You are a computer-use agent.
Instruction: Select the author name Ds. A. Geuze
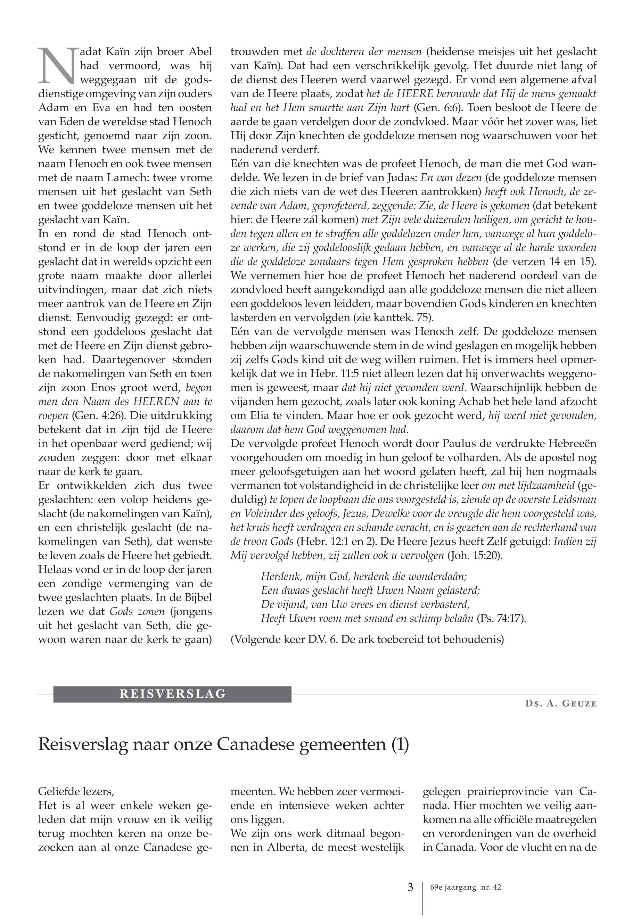pyautogui.click(x=561, y=704)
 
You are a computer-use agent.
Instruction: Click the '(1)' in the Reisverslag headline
pyautogui.click(x=400, y=744)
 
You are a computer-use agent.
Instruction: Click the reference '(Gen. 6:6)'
pyautogui.click(x=438, y=108)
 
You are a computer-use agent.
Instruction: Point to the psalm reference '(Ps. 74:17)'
pyautogui.click(x=501, y=618)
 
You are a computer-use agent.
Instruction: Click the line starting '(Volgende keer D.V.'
pyautogui.click(x=367, y=639)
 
